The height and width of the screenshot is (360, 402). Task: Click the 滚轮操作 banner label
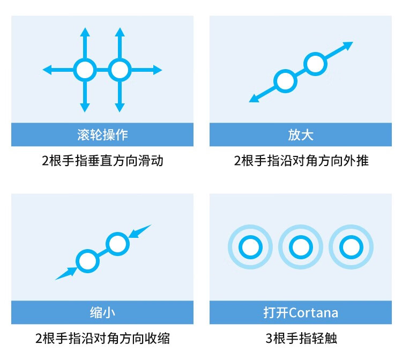click(x=102, y=134)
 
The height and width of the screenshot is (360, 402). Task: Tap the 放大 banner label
click(x=301, y=134)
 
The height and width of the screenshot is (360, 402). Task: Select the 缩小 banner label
click(x=102, y=312)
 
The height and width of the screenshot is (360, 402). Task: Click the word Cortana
click(x=314, y=313)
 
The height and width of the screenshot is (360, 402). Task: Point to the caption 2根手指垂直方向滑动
click(x=102, y=161)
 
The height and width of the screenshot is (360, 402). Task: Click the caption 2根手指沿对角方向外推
click(x=301, y=161)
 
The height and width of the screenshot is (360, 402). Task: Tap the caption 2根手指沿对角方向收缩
click(x=102, y=339)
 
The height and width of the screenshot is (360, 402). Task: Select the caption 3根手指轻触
click(x=301, y=339)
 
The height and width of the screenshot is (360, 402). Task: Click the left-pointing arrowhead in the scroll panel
click(x=47, y=70)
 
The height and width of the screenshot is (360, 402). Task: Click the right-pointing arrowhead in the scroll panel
click(x=158, y=70)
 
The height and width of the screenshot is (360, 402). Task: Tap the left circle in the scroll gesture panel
click(x=85, y=70)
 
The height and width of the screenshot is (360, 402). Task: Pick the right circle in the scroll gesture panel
click(x=120, y=70)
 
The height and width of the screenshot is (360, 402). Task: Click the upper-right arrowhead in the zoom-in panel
click(x=348, y=46)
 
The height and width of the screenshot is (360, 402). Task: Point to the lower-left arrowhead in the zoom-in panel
click(x=254, y=99)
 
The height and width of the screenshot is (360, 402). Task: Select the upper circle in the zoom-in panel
click(x=315, y=64)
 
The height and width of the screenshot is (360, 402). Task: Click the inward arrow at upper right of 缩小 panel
click(x=140, y=231)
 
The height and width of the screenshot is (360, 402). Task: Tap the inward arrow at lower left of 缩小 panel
click(x=66, y=274)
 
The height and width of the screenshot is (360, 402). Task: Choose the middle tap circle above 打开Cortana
click(x=301, y=247)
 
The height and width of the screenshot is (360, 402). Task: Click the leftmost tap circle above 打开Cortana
click(x=250, y=247)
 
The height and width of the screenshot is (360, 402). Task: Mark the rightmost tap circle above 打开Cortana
click(x=351, y=247)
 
